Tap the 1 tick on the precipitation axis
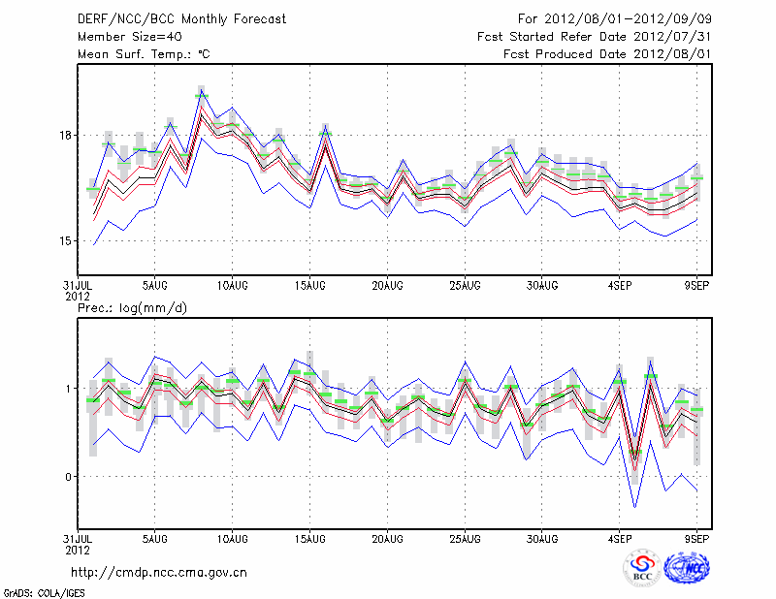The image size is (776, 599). pos(67,389)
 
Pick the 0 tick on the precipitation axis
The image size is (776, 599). pos(67,476)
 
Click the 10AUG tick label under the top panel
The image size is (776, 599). pos(232,286)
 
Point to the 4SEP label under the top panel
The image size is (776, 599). pos(622,286)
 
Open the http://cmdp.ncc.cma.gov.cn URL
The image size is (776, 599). pos(159,572)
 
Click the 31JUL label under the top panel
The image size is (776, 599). pos(79,286)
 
